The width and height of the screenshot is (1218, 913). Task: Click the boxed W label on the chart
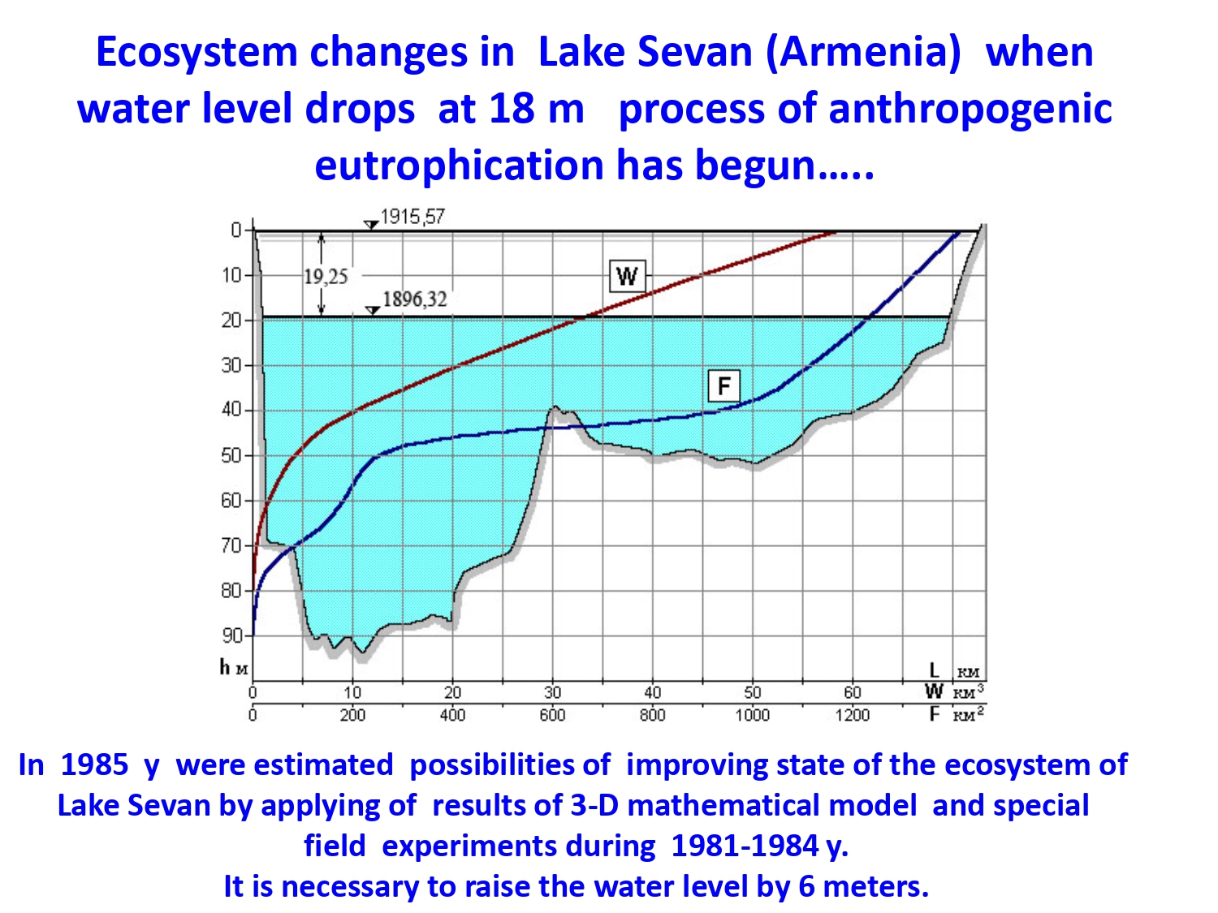pyautogui.click(x=627, y=275)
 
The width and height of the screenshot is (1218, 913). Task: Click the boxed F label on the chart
pyautogui.click(x=723, y=385)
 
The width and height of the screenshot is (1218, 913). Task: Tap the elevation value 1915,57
pyautogui.click(x=412, y=217)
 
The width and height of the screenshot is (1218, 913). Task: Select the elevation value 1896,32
pyautogui.click(x=414, y=299)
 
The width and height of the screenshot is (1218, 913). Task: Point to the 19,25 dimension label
pyautogui.click(x=326, y=276)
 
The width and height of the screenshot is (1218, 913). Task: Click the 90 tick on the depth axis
pyautogui.click(x=232, y=635)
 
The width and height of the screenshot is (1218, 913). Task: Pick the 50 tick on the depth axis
pyautogui.click(x=232, y=455)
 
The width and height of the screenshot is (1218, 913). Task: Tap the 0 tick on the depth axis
pyautogui.click(x=236, y=230)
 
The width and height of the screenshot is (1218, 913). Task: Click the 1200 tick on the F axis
pyautogui.click(x=853, y=715)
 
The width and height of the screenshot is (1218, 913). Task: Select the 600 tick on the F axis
pyautogui.click(x=552, y=715)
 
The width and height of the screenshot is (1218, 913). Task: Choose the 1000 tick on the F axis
pyautogui.click(x=753, y=715)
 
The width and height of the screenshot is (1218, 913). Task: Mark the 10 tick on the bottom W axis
pyautogui.click(x=352, y=693)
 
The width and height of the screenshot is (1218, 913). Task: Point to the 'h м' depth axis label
pyautogui.click(x=234, y=668)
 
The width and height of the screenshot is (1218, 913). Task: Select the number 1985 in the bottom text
pyautogui.click(x=94, y=764)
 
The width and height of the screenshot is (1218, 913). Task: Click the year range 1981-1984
pyautogui.click(x=745, y=846)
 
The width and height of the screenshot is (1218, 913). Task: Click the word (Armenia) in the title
pyautogui.click(x=863, y=54)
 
